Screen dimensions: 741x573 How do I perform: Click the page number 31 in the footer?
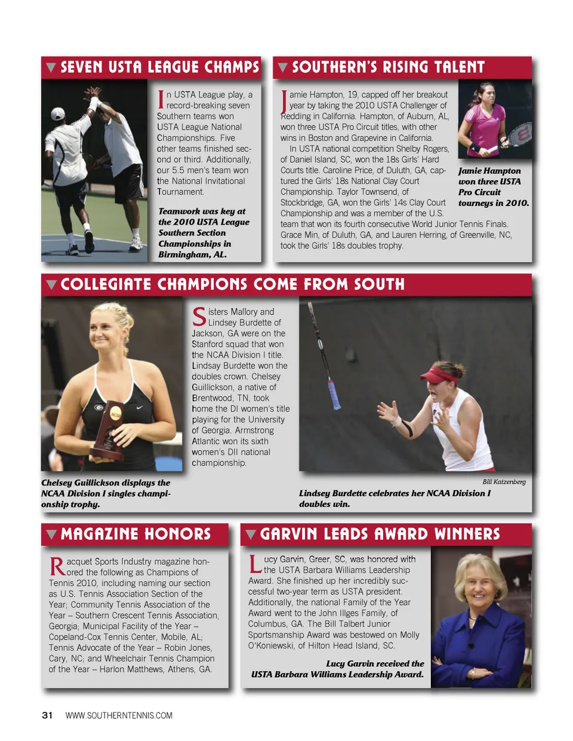coord(47,715)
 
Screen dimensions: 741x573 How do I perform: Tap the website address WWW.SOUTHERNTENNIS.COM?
coord(119,715)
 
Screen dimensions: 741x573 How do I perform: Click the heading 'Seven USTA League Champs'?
coord(159,67)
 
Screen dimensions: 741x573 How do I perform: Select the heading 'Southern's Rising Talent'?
coord(388,67)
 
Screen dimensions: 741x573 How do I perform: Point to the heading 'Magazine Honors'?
coord(135,534)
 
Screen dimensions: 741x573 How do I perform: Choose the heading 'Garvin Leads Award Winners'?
coord(380,534)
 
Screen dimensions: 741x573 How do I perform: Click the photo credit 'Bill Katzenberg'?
coord(504,482)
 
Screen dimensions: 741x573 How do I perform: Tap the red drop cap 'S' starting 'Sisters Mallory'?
coord(199,316)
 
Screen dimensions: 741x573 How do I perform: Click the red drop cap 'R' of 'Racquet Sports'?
coord(57,566)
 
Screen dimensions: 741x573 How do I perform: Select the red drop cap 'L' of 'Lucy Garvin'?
coord(255,564)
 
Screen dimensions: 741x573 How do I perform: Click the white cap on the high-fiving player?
coord(58,113)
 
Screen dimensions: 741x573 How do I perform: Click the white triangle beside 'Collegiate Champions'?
coord(51,285)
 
